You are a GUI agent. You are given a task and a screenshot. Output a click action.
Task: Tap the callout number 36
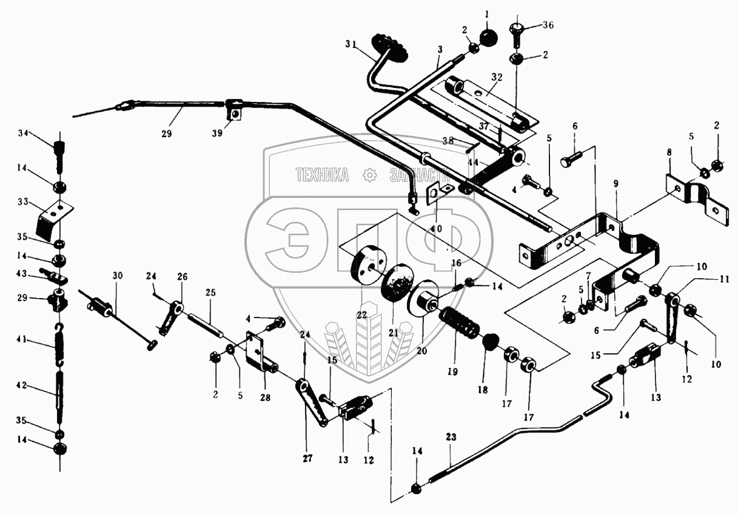coord(548,25)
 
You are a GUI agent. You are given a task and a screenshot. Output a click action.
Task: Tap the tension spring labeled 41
coord(58,344)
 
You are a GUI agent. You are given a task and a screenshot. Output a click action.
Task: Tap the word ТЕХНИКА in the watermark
coord(322,175)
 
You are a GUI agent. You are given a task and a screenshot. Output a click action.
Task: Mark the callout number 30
coord(117,275)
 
